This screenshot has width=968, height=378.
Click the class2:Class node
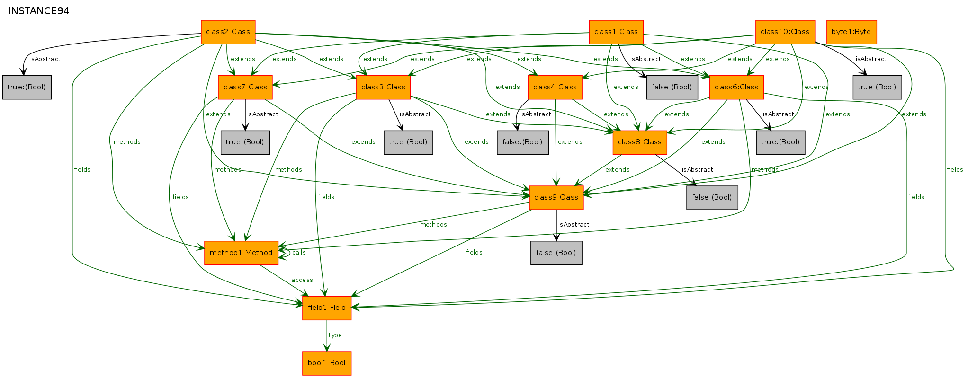(228, 32)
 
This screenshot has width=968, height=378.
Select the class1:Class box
(616, 32)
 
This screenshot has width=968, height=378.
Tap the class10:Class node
(785, 32)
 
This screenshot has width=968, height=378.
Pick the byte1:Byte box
(851, 32)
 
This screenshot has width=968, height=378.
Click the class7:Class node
(245, 88)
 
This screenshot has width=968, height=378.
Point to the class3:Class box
(383, 88)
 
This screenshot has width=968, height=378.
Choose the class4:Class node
(555, 88)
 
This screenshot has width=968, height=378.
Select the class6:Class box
(736, 88)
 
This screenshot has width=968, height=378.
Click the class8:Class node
(640, 142)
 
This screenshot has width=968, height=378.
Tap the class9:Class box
(556, 198)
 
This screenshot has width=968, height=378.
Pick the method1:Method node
(241, 253)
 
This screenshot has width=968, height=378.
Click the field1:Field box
(327, 308)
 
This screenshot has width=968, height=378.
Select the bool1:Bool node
(327, 363)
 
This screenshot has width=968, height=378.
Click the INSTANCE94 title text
(39, 11)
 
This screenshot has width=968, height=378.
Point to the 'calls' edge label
(299, 253)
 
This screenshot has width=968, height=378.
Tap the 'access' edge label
(302, 280)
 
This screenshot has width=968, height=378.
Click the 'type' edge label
(335, 335)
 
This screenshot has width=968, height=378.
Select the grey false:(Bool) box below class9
(556, 253)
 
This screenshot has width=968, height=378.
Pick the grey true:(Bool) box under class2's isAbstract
(27, 88)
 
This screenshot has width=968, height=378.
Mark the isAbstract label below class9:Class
(574, 225)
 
